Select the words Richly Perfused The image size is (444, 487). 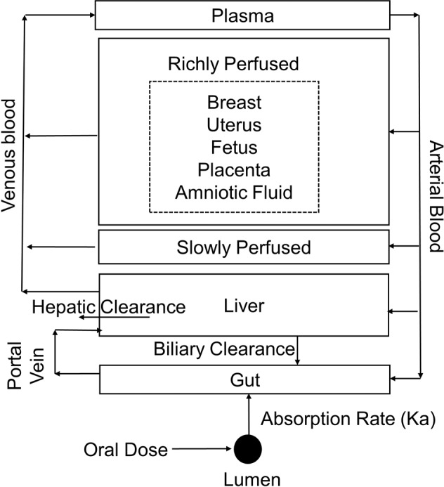tap(233, 64)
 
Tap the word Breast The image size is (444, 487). tap(234, 103)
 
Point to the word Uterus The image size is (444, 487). tap(234, 125)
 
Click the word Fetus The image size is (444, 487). tap(234, 148)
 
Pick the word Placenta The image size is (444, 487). tap(234, 170)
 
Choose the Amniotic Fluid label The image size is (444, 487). tap(234, 193)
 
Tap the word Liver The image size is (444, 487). tap(242, 306)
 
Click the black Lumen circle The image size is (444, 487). tap(248, 447)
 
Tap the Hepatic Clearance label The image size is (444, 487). tap(108, 307)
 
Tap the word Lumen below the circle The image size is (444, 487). tap(247, 479)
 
